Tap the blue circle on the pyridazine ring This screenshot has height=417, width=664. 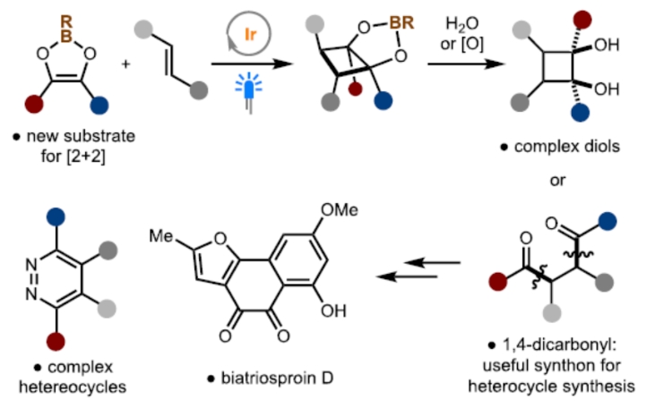point(56,215)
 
